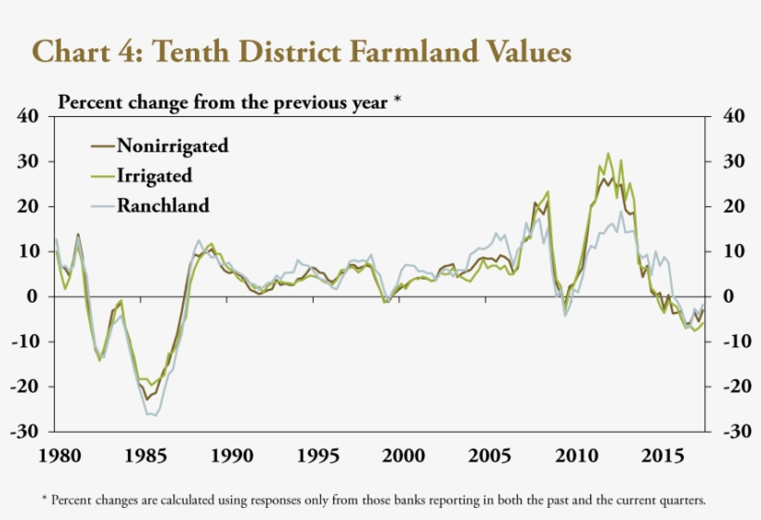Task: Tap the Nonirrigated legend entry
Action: [172, 146]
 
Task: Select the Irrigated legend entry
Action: [154, 175]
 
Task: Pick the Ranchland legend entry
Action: [162, 205]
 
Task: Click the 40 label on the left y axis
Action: [28, 116]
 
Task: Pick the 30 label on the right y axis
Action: [733, 162]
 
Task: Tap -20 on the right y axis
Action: [730, 386]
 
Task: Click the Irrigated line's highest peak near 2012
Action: [608, 154]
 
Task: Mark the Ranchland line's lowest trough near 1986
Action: [154, 415]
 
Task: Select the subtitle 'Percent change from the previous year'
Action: [224, 101]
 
